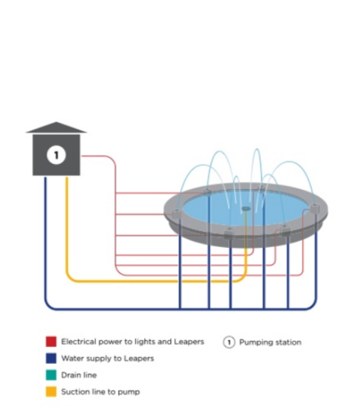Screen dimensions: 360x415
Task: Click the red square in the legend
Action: click(51, 342)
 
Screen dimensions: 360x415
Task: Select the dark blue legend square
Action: click(51, 359)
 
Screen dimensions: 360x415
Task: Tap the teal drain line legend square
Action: click(51, 375)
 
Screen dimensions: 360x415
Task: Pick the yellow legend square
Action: click(51, 391)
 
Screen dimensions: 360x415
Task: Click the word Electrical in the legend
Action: click(78, 342)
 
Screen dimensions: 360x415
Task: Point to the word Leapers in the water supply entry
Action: click(139, 359)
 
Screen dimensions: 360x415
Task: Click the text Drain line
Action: click(79, 375)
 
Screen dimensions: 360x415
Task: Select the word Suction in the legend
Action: click(74, 391)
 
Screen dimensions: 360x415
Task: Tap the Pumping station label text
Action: click(270, 343)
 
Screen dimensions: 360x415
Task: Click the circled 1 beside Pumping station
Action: click(229, 343)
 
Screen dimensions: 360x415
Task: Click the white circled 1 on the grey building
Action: click(56, 155)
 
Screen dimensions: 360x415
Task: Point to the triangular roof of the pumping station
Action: click(56, 127)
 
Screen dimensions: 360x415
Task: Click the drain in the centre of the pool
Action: click(246, 209)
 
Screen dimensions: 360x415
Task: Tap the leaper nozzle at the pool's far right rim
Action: click(315, 209)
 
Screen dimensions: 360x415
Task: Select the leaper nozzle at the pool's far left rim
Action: click(176, 214)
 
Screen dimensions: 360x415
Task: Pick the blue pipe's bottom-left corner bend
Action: click(48, 305)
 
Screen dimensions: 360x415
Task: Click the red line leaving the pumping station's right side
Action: click(98, 156)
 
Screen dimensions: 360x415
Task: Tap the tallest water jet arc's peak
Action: click(257, 150)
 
